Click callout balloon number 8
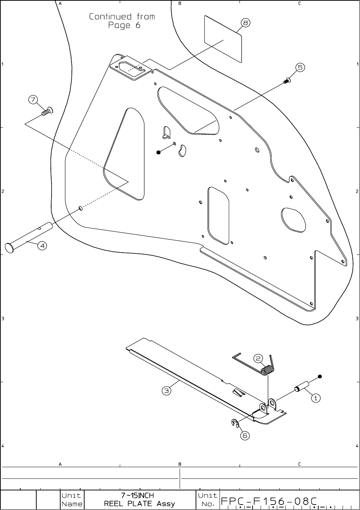pos(245,23)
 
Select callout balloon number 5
pos(300,68)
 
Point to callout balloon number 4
pos(42,246)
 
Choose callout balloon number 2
pos(258,359)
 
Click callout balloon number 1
pos(316,398)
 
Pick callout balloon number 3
pos(166,391)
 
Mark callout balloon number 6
pos(245,436)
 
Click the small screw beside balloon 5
pos(287,81)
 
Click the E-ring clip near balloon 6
pos(234,422)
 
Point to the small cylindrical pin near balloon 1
pos(302,386)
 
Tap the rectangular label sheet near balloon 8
pos(223,38)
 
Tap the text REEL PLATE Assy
pos(139,504)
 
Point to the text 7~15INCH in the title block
pos(138,495)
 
